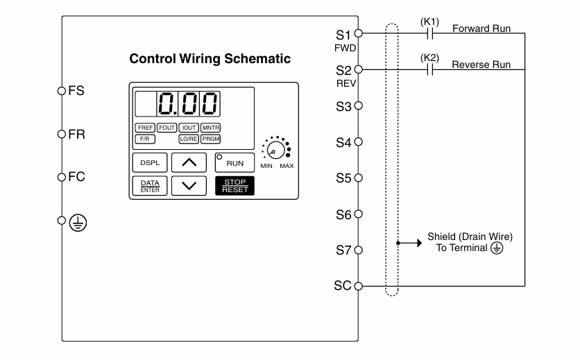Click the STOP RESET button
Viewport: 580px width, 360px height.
[234, 185]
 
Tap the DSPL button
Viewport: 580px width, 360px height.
[150, 162]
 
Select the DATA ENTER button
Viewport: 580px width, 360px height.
[150, 185]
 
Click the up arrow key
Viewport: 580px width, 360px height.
[189, 162]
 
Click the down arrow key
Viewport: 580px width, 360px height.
[189, 185]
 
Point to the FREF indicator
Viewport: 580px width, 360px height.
[145, 128]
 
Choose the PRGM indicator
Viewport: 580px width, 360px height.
[210, 139]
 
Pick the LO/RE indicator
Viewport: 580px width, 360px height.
[189, 139]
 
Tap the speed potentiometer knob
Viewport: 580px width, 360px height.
[276, 150]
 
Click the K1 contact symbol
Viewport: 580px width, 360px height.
[430, 34]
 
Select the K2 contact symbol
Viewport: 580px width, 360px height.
[430, 69]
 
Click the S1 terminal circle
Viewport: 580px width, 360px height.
[359, 33]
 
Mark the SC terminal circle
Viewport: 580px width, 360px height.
[359, 286]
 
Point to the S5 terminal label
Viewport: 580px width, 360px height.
[343, 178]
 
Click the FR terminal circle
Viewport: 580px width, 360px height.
[62, 134]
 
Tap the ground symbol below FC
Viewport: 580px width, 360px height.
[78, 223]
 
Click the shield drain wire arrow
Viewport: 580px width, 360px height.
[409, 243]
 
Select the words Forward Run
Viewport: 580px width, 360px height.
[481, 28]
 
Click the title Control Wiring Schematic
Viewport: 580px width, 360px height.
[210, 58]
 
